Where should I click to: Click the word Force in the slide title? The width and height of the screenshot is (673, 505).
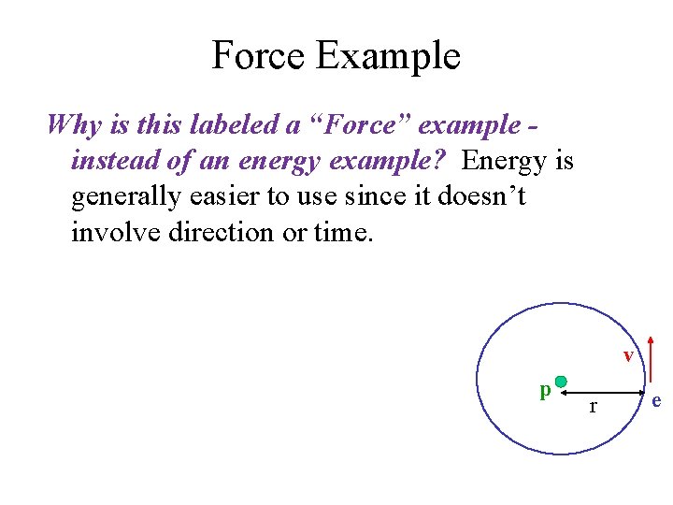258,56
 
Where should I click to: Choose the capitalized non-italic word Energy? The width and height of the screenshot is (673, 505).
502,163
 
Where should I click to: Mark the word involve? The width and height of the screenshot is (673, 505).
116,233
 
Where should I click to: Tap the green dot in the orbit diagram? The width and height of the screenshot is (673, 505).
561,382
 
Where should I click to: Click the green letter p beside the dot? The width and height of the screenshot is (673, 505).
544,390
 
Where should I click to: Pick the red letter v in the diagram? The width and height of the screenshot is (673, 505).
629,355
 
